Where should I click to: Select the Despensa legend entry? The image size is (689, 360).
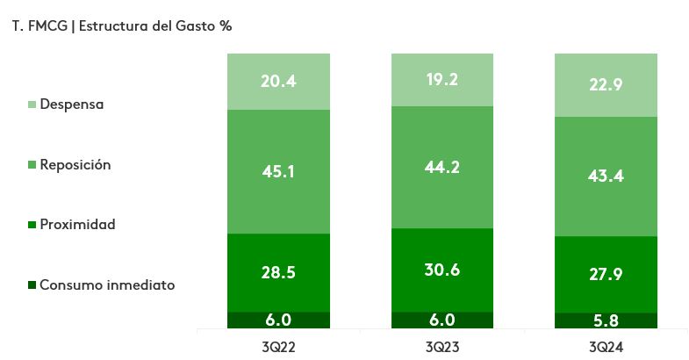click(x=71, y=104)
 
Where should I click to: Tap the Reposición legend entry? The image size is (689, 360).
click(x=75, y=164)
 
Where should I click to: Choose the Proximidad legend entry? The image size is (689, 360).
click(x=77, y=225)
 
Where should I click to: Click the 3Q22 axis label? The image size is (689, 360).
click(x=278, y=347)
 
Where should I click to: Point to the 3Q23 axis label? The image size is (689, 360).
click(x=442, y=347)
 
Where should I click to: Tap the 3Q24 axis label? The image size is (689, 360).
click(x=606, y=347)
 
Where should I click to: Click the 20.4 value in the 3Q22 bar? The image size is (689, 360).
click(x=278, y=82)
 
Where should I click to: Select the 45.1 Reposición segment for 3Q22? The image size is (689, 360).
click(x=278, y=171)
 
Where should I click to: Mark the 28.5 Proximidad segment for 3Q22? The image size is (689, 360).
click(x=278, y=273)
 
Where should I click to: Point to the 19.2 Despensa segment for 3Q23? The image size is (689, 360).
click(x=442, y=79)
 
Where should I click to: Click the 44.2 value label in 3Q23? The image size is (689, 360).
click(x=442, y=167)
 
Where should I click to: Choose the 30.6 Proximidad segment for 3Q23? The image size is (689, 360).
click(x=442, y=270)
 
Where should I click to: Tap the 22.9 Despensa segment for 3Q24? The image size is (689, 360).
click(x=606, y=85)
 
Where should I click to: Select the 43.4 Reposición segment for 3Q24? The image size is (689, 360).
click(x=606, y=176)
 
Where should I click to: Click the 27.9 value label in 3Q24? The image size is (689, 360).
click(x=606, y=275)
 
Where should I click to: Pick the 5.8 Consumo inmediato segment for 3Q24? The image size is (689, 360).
click(x=606, y=320)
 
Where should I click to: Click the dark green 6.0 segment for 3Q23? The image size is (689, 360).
click(x=442, y=320)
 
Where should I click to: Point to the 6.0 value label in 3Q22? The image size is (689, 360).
click(x=278, y=320)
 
